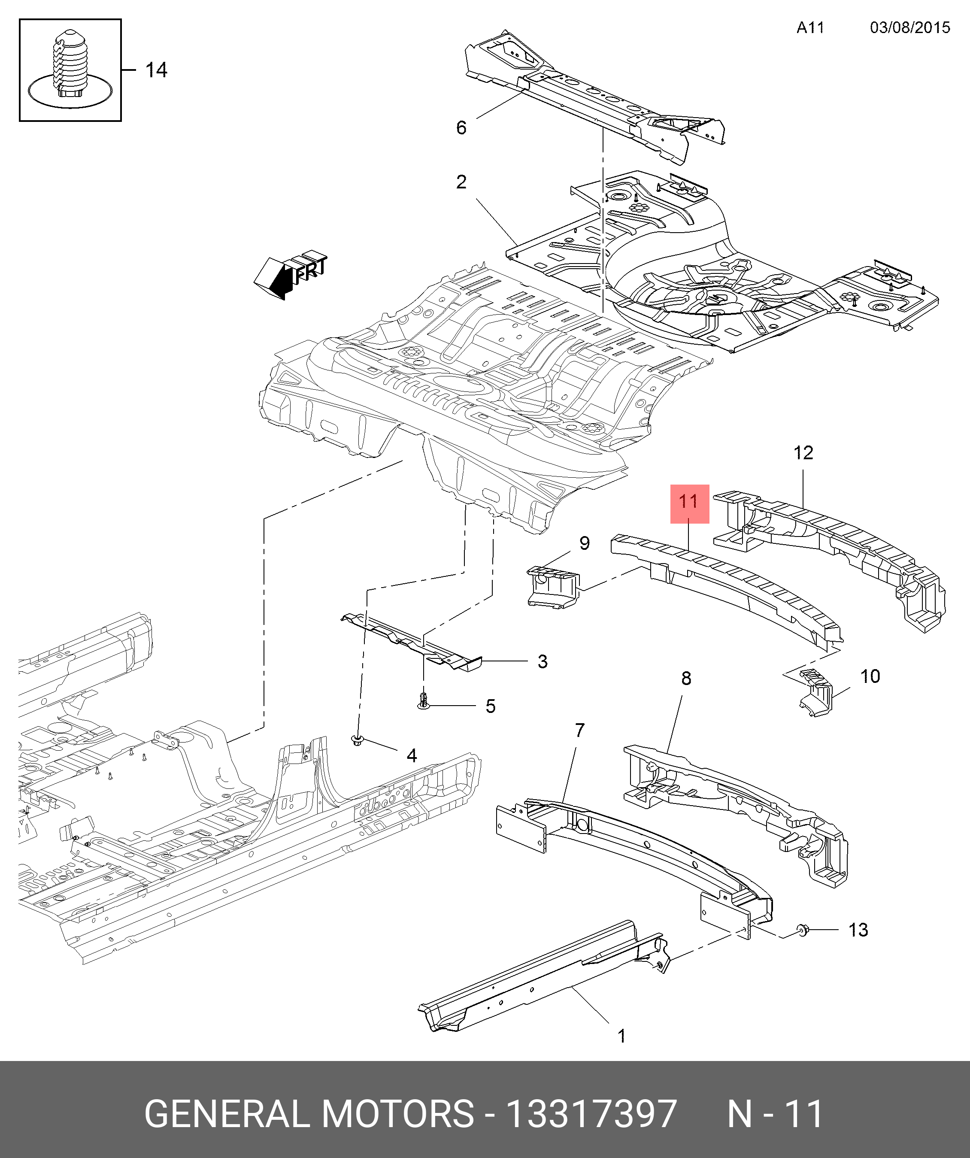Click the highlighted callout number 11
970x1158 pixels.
point(689,501)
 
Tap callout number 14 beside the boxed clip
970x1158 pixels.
point(156,70)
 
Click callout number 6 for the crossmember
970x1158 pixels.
point(461,127)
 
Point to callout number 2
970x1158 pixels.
point(461,182)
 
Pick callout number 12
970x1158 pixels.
point(803,453)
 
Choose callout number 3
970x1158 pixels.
point(543,661)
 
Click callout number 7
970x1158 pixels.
point(579,731)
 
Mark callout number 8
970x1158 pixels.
point(686,678)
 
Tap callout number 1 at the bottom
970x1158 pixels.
point(622,1036)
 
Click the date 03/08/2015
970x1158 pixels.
point(910,27)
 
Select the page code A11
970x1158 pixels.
point(810,27)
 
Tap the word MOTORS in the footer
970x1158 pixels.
point(397,1113)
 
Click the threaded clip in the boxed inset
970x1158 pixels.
point(70,64)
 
